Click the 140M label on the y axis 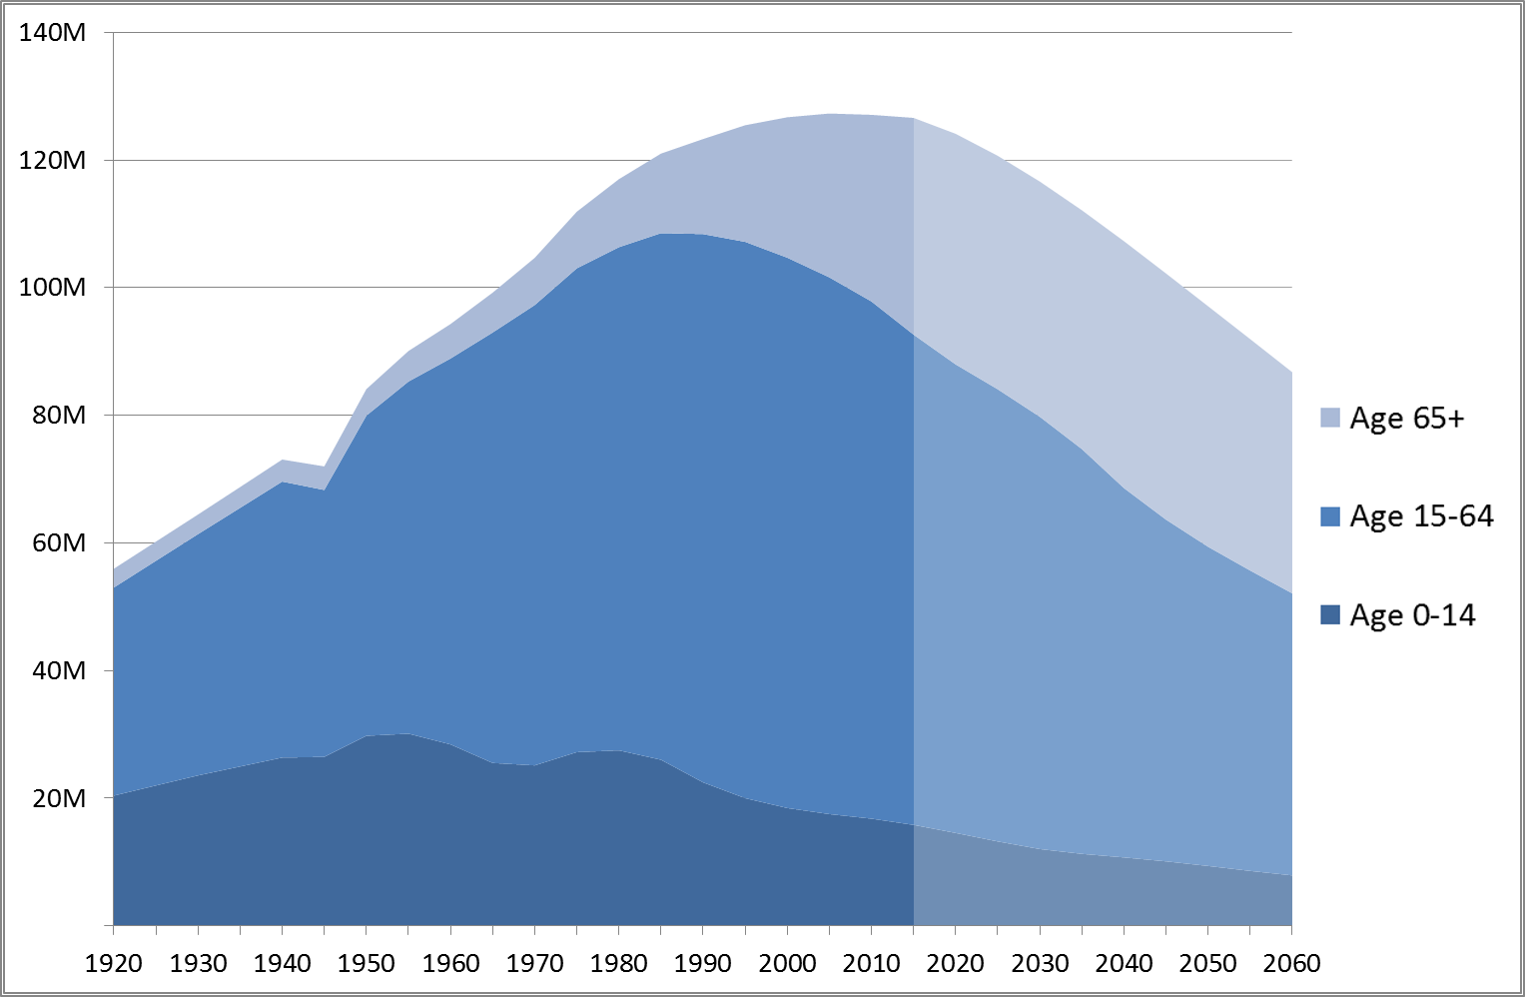click(x=52, y=33)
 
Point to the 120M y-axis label click(x=52, y=160)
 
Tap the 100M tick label click(x=52, y=288)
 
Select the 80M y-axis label click(x=59, y=416)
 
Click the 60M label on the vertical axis click(x=59, y=543)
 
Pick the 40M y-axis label click(x=59, y=670)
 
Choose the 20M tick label click(x=59, y=798)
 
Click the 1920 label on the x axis click(x=114, y=964)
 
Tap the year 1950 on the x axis click(x=367, y=964)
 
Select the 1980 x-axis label click(x=619, y=964)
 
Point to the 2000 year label click(x=787, y=964)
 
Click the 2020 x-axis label click(x=956, y=964)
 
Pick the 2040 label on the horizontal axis click(x=1124, y=964)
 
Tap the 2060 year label click(x=1291, y=964)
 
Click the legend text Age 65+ click(x=1407, y=418)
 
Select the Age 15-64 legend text click(x=1421, y=516)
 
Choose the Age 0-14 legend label click(x=1412, y=615)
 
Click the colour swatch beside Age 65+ click(x=1330, y=418)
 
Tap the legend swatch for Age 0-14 click(x=1330, y=615)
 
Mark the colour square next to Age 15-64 click(x=1330, y=516)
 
